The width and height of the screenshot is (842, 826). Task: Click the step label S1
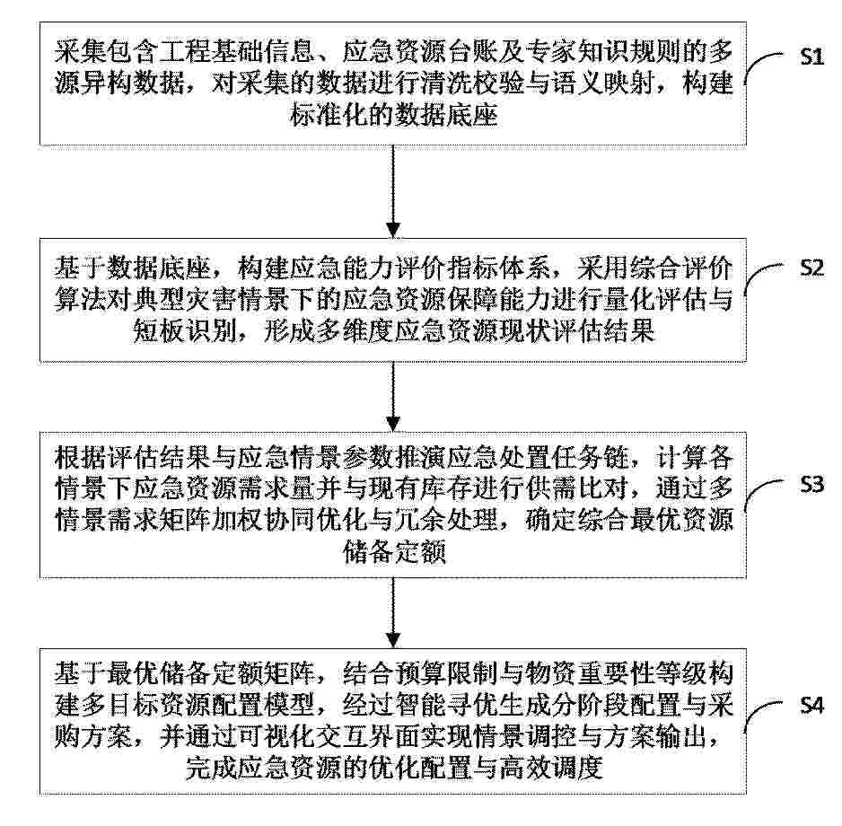point(811,57)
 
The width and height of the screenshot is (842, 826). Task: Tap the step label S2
point(811,268)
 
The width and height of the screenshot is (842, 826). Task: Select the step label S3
point(811,485)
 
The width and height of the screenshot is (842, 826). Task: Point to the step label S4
point(811,705)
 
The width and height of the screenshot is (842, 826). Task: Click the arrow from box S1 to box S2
point(393,191)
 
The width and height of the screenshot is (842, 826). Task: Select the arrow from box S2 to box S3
point(393,397)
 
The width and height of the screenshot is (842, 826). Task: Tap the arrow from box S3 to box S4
point(393,613)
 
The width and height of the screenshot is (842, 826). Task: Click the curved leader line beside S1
point(761,64)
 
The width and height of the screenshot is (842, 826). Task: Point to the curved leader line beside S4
point(761,712)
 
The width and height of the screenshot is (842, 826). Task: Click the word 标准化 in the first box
point(329,115)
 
